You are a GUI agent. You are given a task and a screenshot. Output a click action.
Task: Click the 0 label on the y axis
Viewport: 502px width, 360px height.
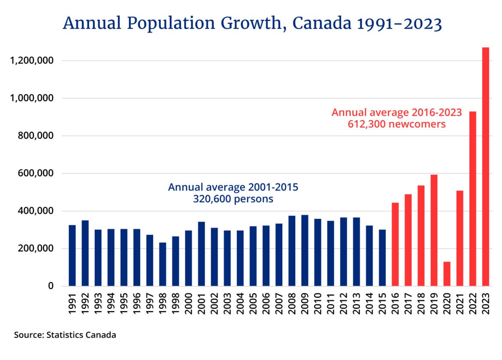coord(51,286)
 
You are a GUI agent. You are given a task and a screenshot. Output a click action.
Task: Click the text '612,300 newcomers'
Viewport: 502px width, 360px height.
coord(396,124)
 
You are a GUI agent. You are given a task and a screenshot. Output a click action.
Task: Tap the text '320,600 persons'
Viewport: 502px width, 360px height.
coord(233,199)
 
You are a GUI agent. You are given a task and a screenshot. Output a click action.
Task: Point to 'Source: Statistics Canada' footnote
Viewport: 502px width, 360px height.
coord(65,335)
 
